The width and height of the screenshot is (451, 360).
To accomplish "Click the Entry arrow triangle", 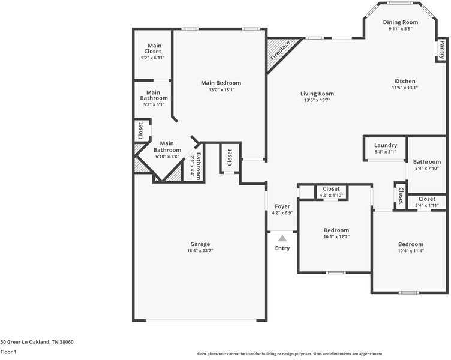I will [282, 238].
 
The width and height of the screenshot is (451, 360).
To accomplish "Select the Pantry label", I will [442, 49].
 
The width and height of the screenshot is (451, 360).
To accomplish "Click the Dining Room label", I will [401, 22].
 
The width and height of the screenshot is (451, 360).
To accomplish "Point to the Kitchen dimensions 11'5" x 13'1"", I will [404, 88].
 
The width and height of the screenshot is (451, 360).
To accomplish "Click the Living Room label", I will [317, 94].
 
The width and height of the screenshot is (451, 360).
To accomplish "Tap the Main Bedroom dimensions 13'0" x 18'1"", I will [221, 90].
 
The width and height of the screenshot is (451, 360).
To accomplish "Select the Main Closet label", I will [154, 49].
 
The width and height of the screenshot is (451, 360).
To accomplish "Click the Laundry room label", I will [386, 145].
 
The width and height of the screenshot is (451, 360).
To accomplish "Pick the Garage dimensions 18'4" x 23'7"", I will [200, 250].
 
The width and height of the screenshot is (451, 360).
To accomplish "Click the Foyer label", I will [282, 206].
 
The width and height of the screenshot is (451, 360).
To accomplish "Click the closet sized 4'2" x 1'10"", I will [332, 192].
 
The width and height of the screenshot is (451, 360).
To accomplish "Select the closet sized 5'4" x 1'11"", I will [427, 202].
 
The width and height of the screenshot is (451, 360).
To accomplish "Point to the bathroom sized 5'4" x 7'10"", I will [427, 164].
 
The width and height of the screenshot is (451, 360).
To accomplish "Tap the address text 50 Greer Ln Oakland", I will [37, 341].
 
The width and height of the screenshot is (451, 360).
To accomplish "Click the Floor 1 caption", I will [8, 352].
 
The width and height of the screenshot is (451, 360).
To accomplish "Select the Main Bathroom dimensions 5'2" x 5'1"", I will [154, 104].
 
